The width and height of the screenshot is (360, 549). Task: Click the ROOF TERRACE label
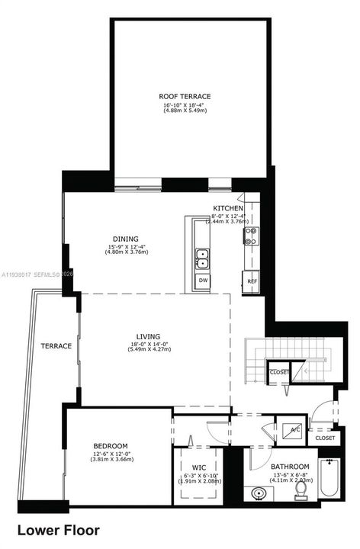click(x=185, y=96)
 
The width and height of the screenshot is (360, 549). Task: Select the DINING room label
click(x=125, y=239)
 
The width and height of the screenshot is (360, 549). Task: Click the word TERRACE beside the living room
click(x=56, y=346)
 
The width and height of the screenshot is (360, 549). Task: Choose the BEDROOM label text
click(x=111, y=445)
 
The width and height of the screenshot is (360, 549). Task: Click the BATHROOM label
click(x=290, y=467)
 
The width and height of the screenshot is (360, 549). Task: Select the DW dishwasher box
click(x=203, y=281)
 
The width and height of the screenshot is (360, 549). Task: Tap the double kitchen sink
click(x=202, y=259)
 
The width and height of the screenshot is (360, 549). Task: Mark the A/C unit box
click(x=294, y=429)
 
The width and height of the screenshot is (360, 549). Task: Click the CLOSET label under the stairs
click(x=278, y=372)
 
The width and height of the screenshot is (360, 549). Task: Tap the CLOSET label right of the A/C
click(x=325, y=438)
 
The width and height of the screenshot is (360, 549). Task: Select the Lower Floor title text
click(x=58, y=530)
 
